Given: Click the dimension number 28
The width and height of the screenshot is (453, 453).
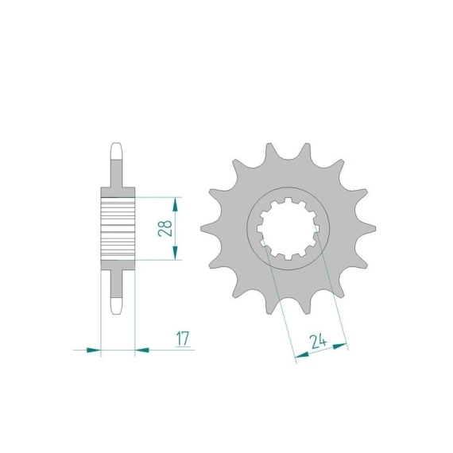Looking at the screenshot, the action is click(x=165, y=229).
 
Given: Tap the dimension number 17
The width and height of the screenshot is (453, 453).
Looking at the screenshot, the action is click(x=183, y=339).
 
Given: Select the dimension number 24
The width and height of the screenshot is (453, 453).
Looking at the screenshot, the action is click(x=318, y=342).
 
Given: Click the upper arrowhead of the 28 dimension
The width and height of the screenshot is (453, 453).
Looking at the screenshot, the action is click(x=175, y=204).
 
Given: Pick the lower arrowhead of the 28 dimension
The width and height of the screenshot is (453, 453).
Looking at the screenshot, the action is click(x=175, y=253).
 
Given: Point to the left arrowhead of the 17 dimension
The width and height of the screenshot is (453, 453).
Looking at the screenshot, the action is click(x=94, y=350).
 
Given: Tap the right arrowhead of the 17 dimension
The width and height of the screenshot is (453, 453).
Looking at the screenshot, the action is click(x=141, y=350).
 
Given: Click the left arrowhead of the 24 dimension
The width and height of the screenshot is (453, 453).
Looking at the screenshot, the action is click(x=302, y=354).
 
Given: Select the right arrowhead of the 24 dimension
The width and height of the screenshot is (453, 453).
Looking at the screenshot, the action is click(x=339, y=346).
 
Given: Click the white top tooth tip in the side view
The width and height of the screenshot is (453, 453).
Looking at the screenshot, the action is click(x=117, y=151).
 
